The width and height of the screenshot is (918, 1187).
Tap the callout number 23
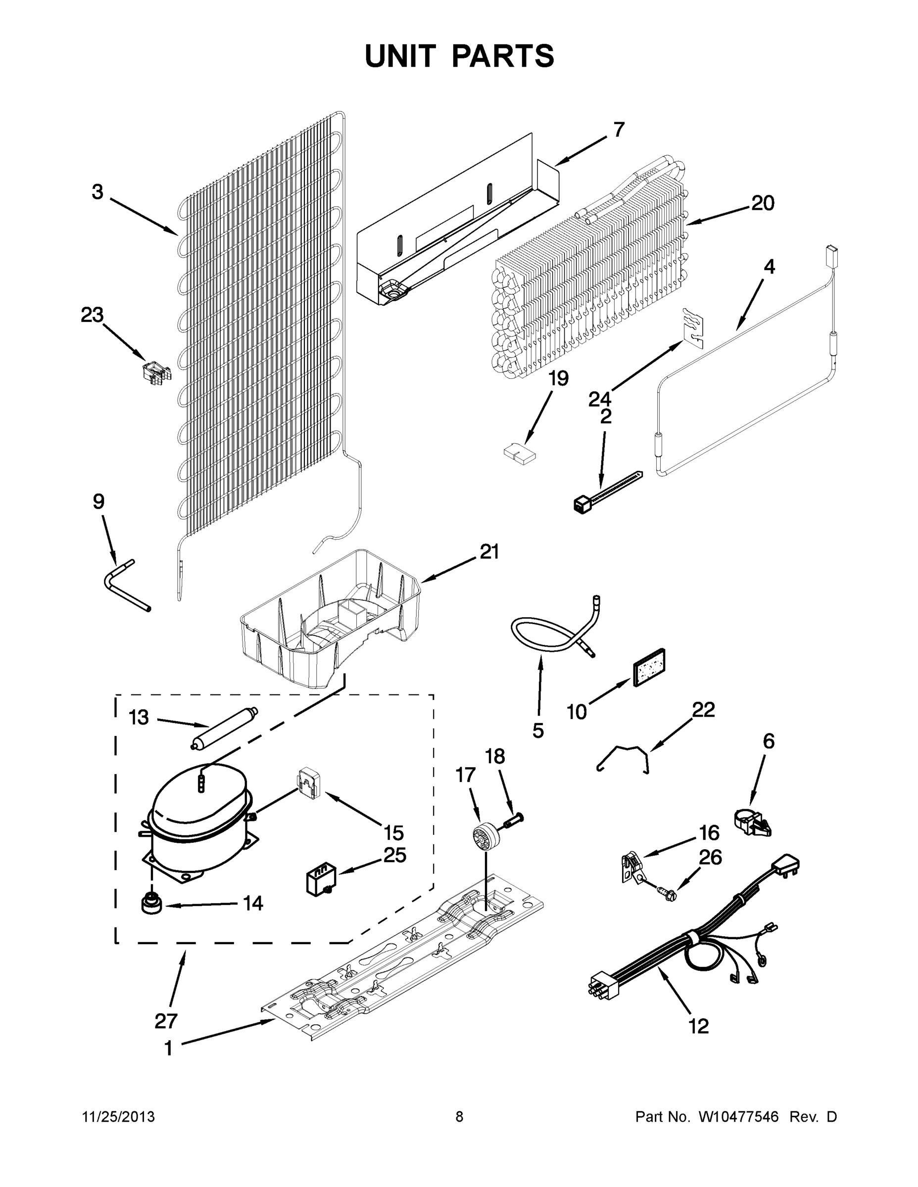(92, 315)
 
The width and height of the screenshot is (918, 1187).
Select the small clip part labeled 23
(156, 372)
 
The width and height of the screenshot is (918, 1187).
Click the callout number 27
(166, 1021)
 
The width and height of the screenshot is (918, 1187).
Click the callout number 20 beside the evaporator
(763, 203)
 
